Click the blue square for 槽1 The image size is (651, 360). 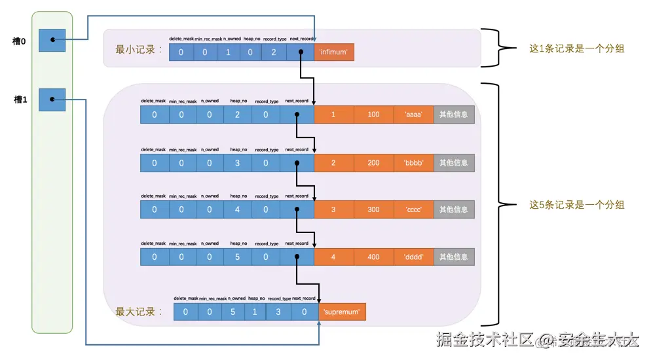51,99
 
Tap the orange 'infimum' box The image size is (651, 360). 334,52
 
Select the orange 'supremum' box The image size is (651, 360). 343,312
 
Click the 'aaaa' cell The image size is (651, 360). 414,115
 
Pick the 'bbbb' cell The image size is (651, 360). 414,163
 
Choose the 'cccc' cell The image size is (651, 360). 414,209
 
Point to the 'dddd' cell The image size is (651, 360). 414,257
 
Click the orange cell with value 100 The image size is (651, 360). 373,115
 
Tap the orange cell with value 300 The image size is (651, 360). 373,209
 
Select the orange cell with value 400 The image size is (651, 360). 373,257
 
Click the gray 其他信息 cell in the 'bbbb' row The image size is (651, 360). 454,163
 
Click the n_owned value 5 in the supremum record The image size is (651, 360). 223,312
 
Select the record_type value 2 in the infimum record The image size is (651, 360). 274,52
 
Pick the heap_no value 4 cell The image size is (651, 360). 238,209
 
